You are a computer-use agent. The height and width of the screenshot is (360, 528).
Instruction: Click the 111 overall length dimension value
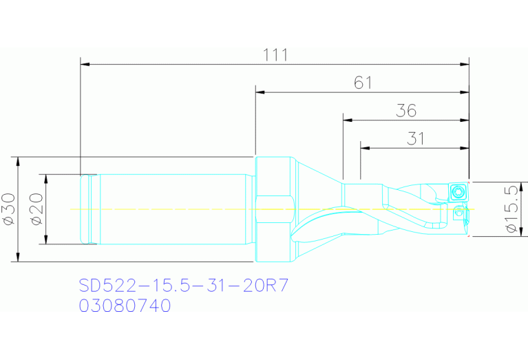pyautogui.click(x=275, y=54)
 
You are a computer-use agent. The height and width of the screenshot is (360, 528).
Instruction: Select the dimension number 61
pyautogui.click(x=363, y=83)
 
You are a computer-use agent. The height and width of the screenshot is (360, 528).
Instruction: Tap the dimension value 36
pyautogui.click(x=407, y=110)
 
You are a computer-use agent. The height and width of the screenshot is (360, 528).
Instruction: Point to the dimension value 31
pyautogui.click(x=415, y=138)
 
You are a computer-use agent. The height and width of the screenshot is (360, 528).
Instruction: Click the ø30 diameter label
pyautogui.click(x=9, y=209)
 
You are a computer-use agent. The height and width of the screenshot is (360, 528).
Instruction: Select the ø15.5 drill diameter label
pyautogui.click(x=509, y=209)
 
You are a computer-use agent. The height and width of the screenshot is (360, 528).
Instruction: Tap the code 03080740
pyautogui.click(x=125, y=306)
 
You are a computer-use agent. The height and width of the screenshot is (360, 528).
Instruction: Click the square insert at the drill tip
pyautogui.click(x=458, y=191)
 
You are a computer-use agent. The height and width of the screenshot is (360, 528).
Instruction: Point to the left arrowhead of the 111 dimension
pyautogui.click(x=85, y=65)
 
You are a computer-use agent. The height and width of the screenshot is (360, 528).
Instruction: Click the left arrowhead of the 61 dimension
pyautogui.click(x=260, y=92)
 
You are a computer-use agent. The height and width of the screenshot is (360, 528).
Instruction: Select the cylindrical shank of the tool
pyautogui.click(x=172, y=209)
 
